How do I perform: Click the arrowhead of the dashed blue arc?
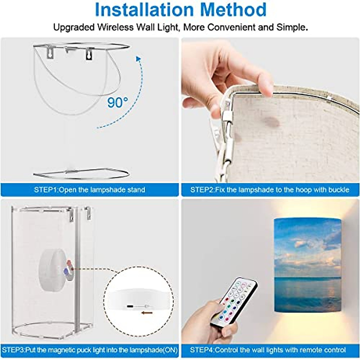(138, 59)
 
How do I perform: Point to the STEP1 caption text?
(89, 190)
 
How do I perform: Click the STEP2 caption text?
(270, 190)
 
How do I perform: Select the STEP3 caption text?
(89, 350)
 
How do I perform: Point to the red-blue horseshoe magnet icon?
(67, 268)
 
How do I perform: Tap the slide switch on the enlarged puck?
(138, 306)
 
